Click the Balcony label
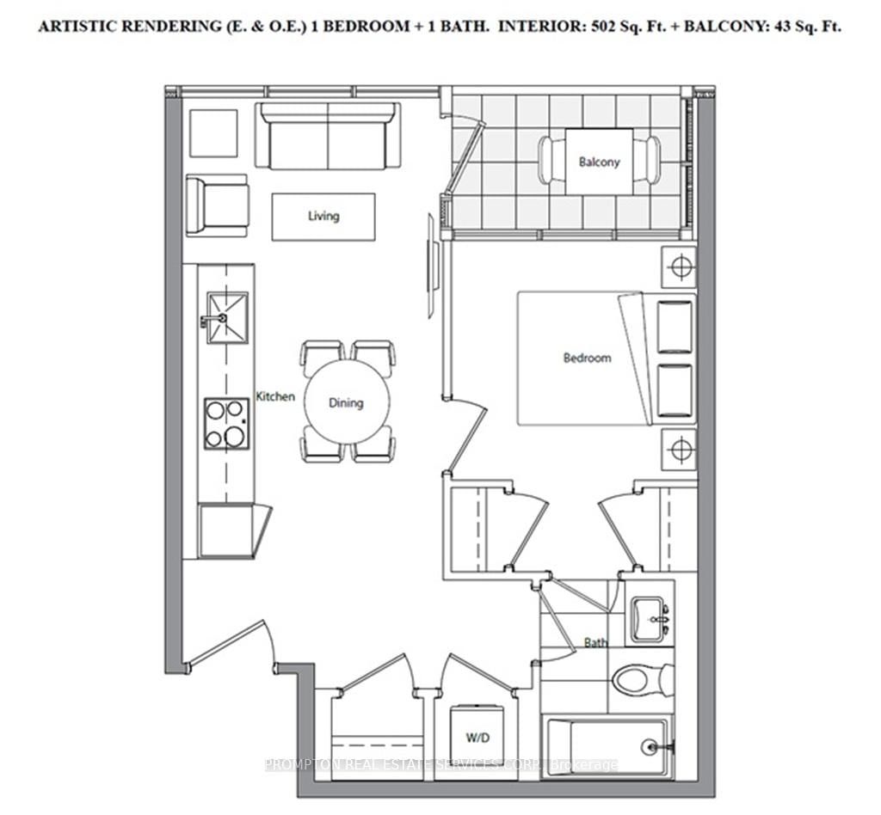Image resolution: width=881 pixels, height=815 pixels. click(599, 162)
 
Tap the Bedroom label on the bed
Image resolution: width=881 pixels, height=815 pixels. click(587, 358)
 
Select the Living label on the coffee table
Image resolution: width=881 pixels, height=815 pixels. click(323, 217)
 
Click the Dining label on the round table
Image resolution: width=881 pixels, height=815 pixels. click(346, 402)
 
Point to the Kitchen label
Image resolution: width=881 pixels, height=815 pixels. click(275, 396)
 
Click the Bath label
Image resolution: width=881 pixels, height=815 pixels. click(595, 642)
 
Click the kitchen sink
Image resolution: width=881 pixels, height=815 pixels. click(227, 318)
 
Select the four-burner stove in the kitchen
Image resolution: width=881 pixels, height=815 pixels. click(226, 424)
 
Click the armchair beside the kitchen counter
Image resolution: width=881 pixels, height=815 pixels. click(217, 205)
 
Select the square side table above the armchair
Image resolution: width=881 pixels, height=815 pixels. click(213, 132)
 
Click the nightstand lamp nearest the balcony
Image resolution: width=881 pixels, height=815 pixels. click(680, 267)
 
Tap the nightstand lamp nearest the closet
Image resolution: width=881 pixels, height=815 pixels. click(680, 449)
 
